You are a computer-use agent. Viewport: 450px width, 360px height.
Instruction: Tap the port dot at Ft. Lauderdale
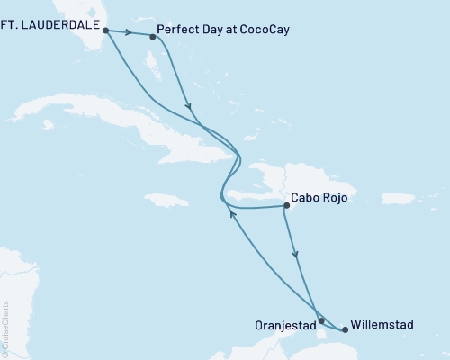point(106,30)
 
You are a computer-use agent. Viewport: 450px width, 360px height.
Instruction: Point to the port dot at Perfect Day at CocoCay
point(152,37)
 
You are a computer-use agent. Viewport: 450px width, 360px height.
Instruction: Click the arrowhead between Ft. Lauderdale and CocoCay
point(131,34)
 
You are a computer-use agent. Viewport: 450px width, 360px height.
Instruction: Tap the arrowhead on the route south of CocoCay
point(189,107)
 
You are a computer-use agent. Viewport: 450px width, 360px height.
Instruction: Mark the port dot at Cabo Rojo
point(286,206)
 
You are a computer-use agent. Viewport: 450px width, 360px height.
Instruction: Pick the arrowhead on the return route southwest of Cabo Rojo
point(232,214)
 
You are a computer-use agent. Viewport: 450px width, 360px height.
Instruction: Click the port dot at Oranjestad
point(321,319)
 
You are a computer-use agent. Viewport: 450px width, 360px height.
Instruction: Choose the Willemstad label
point(382,322)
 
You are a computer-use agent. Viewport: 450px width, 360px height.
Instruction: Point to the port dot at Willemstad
point(345,329)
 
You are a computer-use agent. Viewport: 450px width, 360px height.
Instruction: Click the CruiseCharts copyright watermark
point(5,328)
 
